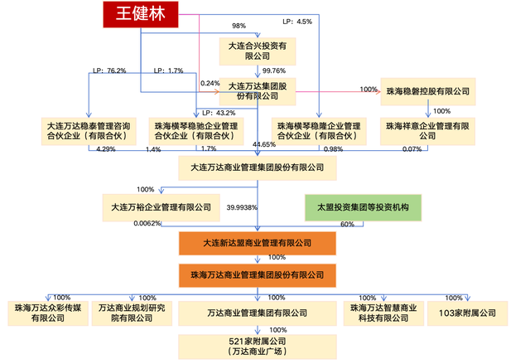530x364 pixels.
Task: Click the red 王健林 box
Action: (140, 14)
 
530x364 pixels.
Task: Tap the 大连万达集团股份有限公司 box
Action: (257, 91)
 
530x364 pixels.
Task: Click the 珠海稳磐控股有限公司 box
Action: (426, 90)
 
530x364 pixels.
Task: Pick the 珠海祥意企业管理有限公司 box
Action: (426, 129)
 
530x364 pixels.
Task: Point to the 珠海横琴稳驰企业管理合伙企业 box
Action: (194, 129)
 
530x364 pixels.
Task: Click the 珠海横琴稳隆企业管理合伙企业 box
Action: (319, 129)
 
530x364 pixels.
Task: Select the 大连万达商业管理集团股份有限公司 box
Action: (258, 168)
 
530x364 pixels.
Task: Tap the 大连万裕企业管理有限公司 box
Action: (155, 206)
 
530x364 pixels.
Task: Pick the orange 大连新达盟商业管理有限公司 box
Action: (257, 243)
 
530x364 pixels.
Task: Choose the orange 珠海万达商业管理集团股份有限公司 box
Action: (257, 274)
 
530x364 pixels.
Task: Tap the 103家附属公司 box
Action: (468, 313)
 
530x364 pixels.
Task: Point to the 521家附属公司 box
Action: (256, 346)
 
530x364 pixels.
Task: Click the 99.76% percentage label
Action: (273, 71)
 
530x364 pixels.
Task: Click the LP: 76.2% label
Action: (110, 71)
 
